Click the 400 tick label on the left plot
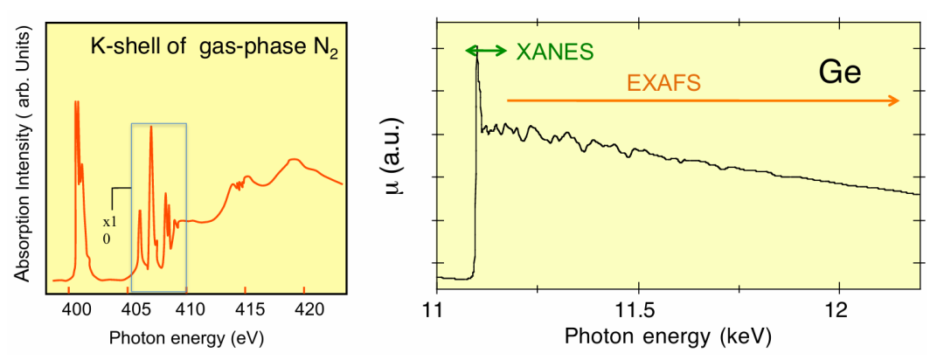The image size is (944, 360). (x=77, y=308)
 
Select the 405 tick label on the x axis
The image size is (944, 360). (x=131, y=308)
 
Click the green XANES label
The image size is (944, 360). (x=554, y=51)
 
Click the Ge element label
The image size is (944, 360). (x=840, y=71)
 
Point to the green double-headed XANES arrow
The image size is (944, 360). (x=486, y=51)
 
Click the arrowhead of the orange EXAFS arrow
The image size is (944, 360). (x=894, y=101)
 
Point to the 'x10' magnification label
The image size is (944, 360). (x=109, y=229)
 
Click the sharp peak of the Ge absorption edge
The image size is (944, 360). (x=477, y=57)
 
